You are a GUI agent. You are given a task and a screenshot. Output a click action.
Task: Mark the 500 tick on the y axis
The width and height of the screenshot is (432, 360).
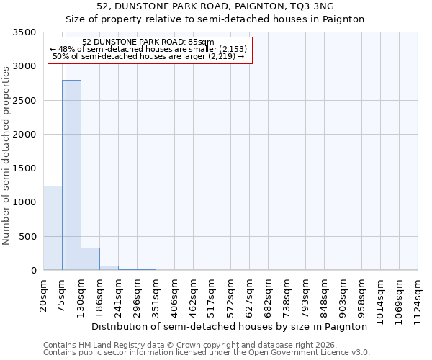(x=28, y=237)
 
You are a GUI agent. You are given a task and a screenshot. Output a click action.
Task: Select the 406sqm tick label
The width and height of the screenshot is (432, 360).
(x=175, y=294)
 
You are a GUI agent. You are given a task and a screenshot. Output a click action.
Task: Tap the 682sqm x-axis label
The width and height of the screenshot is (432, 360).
(x=269, y=294)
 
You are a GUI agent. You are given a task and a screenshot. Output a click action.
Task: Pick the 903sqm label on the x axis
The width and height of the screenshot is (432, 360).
(x=343, y=294)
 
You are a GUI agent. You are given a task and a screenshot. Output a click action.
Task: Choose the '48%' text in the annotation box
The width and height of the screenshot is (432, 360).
(x=66, y=49)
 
